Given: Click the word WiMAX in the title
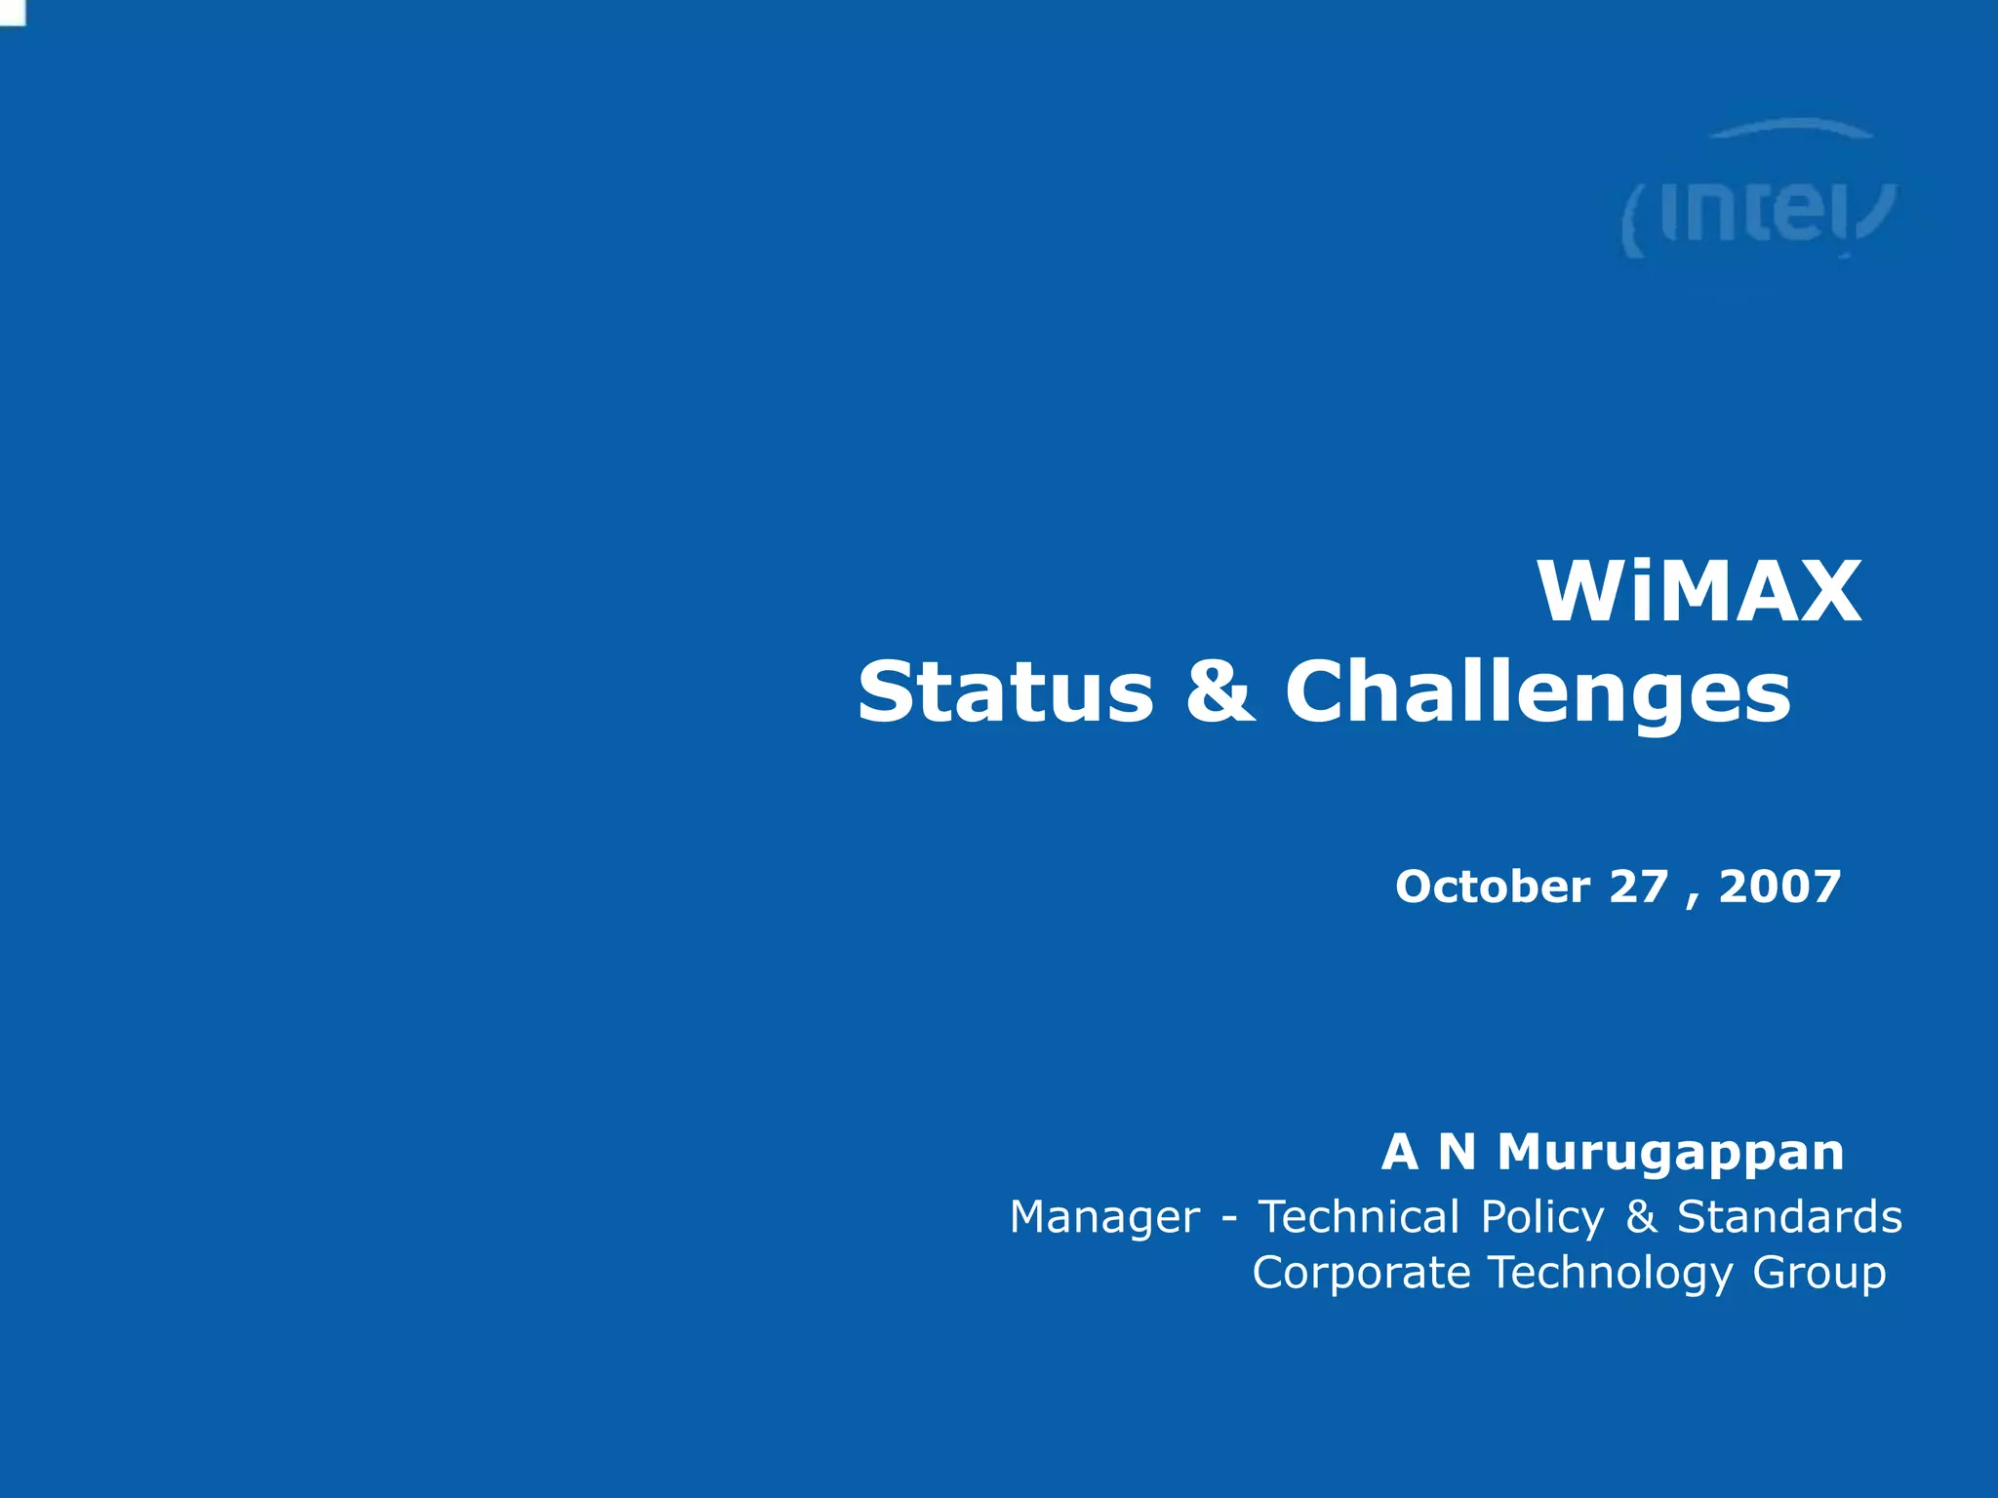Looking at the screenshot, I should (1699, 592).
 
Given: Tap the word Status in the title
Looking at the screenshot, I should (1005, 691).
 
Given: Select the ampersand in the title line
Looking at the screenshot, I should (1220, 691).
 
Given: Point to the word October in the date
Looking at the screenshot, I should (1493, 887).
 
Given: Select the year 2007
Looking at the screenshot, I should (1779, 887).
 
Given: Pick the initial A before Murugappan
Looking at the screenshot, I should (1399, 1152).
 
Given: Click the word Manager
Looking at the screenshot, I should (1104, 1218).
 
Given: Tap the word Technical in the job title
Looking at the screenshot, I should (1359, 1217).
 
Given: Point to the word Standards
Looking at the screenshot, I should (1789, 1217).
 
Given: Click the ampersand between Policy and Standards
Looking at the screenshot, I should (1641, 1217).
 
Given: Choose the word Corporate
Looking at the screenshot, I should (1361, 1274).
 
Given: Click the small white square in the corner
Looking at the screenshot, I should (12, 12).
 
